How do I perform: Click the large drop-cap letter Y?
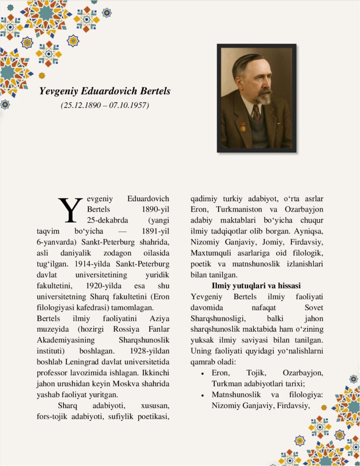tap(70, 210)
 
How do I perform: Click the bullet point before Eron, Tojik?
tap(202, 373)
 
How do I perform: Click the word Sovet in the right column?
tap(314, 308)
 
